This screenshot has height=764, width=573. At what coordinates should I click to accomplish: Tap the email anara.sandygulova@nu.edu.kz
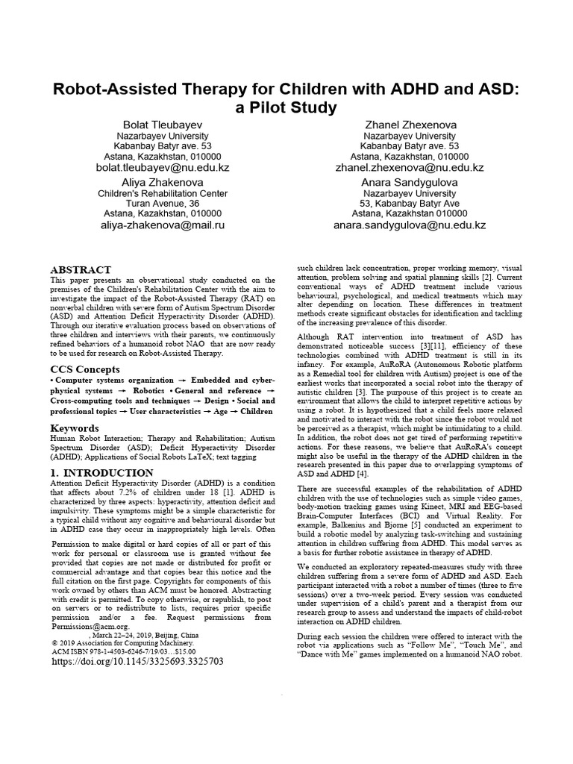(x=410, y=225)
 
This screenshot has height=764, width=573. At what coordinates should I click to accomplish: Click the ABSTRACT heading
(x=81, y=269)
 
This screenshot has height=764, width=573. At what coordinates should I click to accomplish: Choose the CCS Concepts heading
(x=84, y=369)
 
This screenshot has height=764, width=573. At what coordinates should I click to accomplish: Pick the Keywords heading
(x=75, y=428)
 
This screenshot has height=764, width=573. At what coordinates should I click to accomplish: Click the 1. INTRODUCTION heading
(x=101, y=473)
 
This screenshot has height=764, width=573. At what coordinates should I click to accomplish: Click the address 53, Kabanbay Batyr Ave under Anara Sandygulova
(x=410, y=203)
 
